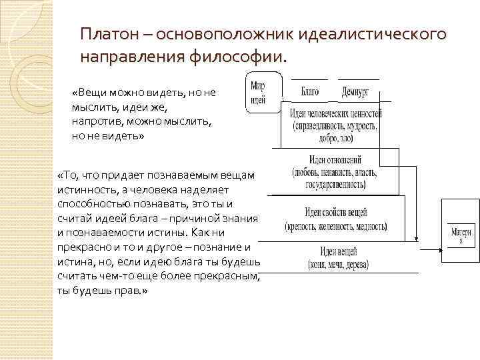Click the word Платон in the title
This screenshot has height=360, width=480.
pyautogui.click(x=107, y=33)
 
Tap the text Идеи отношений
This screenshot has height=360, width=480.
pyautogui.click(x=335, y=160)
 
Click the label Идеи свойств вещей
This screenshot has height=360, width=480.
pyautogui.click(x=336, y=213)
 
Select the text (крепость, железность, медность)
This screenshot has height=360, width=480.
pyautogui.click(x=336, y=227)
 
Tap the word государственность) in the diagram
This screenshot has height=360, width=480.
pyautogui.click(x=336, y=184)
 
